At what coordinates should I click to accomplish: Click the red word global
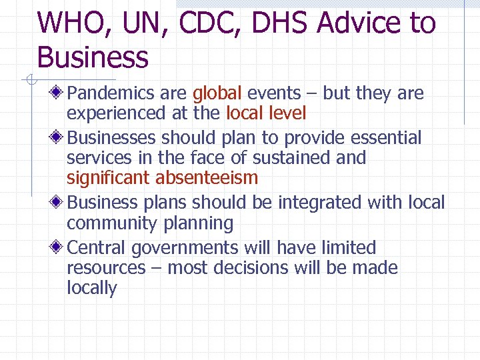click(x=217, y=93)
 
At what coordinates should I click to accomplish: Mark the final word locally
click(x=91, y=288)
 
